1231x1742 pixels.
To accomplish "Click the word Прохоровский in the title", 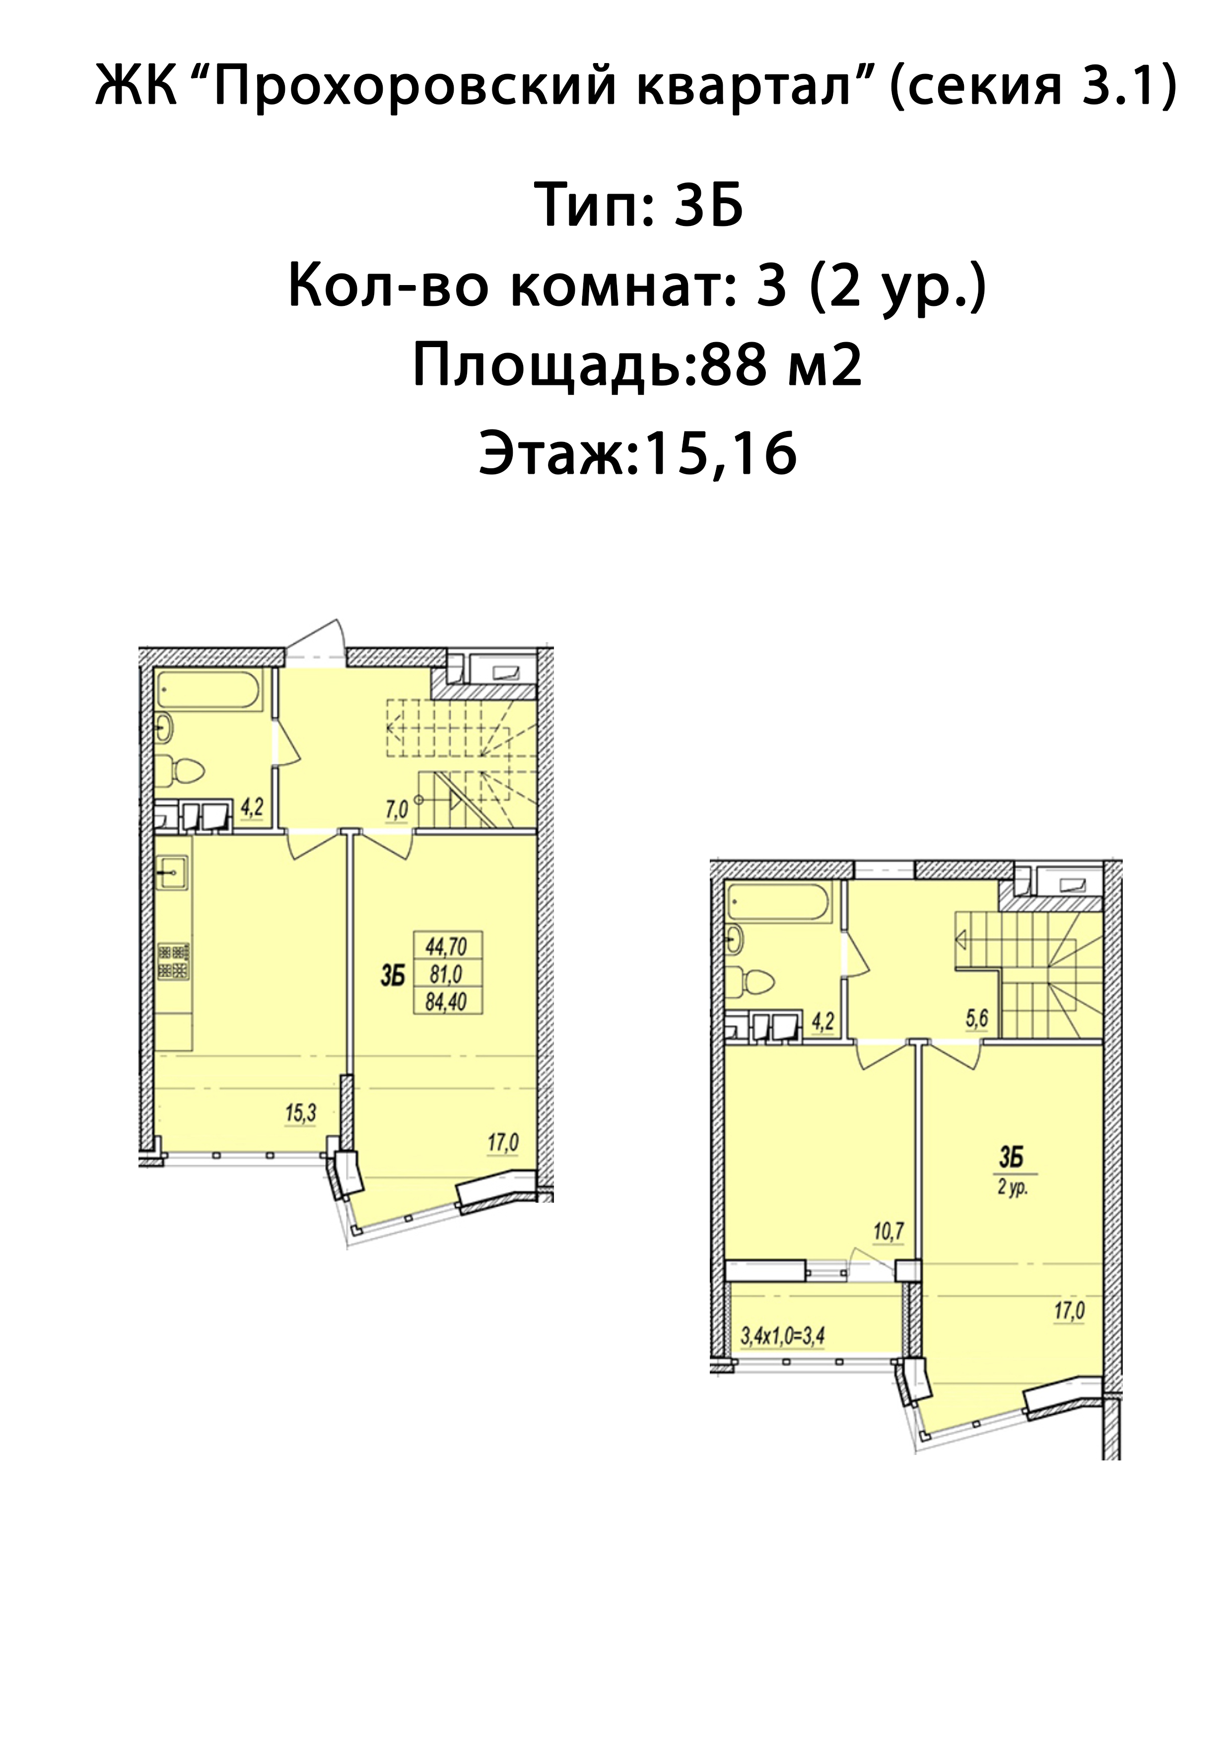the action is point(415,86).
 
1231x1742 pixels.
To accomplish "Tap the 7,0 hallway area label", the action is point(397,809).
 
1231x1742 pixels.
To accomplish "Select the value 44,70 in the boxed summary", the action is point(446,947).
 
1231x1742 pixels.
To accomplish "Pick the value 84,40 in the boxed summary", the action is point(446,1002).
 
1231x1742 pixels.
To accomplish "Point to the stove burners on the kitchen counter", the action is point(174,962).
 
